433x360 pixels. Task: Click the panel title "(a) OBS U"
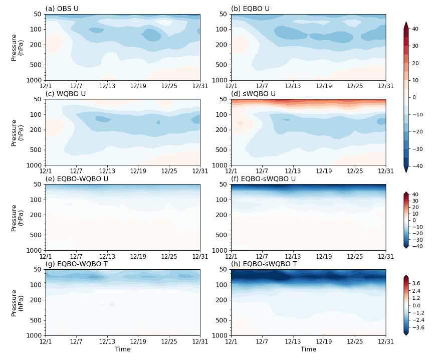(x=62, y=9)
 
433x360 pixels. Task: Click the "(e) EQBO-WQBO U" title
(x=74, y=178)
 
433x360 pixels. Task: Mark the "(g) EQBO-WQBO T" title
(x=74, y=264)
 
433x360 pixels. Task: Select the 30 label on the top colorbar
(x=415, y=46)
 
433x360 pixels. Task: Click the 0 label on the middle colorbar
(x=414, y=220)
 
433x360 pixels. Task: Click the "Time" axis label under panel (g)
(x=122, y=349)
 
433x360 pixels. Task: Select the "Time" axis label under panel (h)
(x=308, y=349)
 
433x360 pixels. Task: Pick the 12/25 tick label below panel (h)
(x=355, y=341)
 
